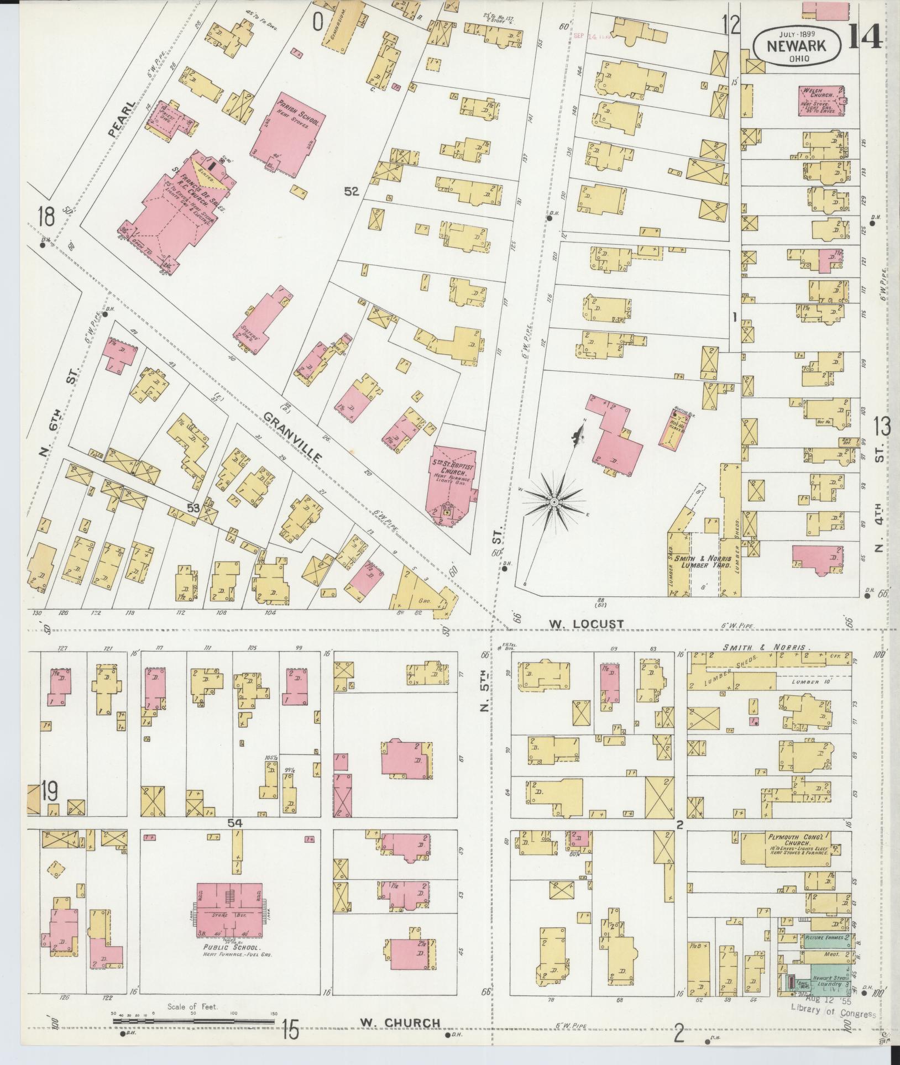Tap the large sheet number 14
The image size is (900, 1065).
(863, 37)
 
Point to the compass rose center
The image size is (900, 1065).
(553, 501)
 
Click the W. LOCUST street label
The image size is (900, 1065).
(586, 623)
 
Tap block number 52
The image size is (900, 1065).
(352, 192)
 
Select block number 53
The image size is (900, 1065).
(192, 507)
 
